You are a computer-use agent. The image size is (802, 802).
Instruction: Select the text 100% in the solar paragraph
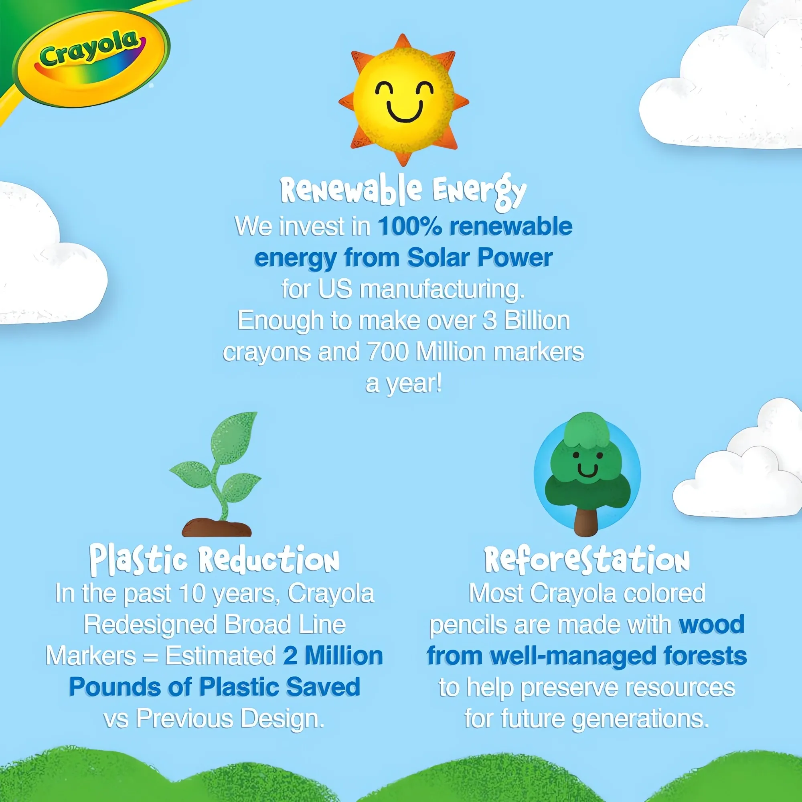coord(409,226)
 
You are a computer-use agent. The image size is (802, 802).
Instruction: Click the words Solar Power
coord(480,258)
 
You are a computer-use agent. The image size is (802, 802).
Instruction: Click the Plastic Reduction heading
coord(215,560)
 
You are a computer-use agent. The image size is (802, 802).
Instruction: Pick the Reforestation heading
coord(587,560)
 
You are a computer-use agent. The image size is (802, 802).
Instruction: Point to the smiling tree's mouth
coord(588,470)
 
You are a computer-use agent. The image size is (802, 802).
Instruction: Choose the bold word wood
coord(711,625)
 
